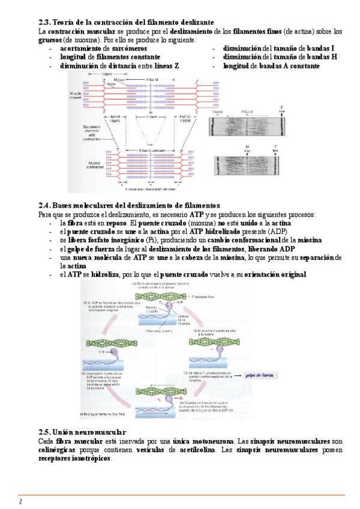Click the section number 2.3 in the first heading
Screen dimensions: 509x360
pyautogui.click(x=44, y=22)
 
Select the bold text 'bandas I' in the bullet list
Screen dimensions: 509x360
pyautogui.click(x=320, y=49)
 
